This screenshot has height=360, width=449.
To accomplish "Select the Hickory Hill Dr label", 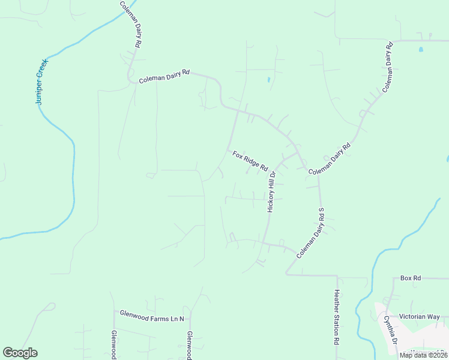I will (x=271, y=191).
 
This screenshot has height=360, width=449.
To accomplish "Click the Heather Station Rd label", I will (x=337, y=317).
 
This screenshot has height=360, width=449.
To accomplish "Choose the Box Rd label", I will (x=411, y=278).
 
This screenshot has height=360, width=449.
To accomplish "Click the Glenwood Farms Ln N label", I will (x=152, y=314).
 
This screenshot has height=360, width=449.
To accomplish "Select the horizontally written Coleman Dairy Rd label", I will (x=164, y=76).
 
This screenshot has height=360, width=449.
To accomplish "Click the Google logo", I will (x=20, y=353).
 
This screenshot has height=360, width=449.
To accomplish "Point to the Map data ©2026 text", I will (x=423, y=355).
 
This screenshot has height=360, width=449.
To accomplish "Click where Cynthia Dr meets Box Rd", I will (x=394, y=279).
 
